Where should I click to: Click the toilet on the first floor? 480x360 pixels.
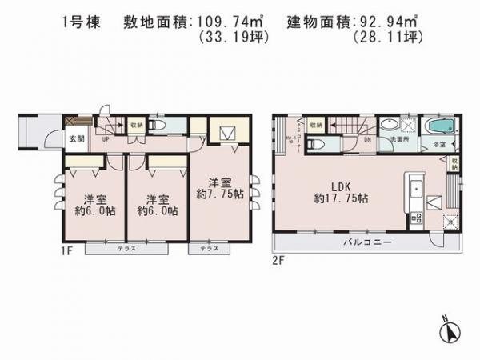(x=157, y=126)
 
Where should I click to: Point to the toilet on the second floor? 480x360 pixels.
(x=316, y=145)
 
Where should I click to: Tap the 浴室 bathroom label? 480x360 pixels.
(x=438, y=145)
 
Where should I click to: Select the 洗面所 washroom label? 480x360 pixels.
(x=397, y=139)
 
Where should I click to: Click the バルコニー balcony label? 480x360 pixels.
(x=367, y=241)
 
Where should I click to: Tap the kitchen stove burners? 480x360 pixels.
(x=415, y=216)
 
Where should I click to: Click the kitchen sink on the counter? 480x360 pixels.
(x=415, y=190)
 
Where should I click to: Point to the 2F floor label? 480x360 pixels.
(x=279, y=260)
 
